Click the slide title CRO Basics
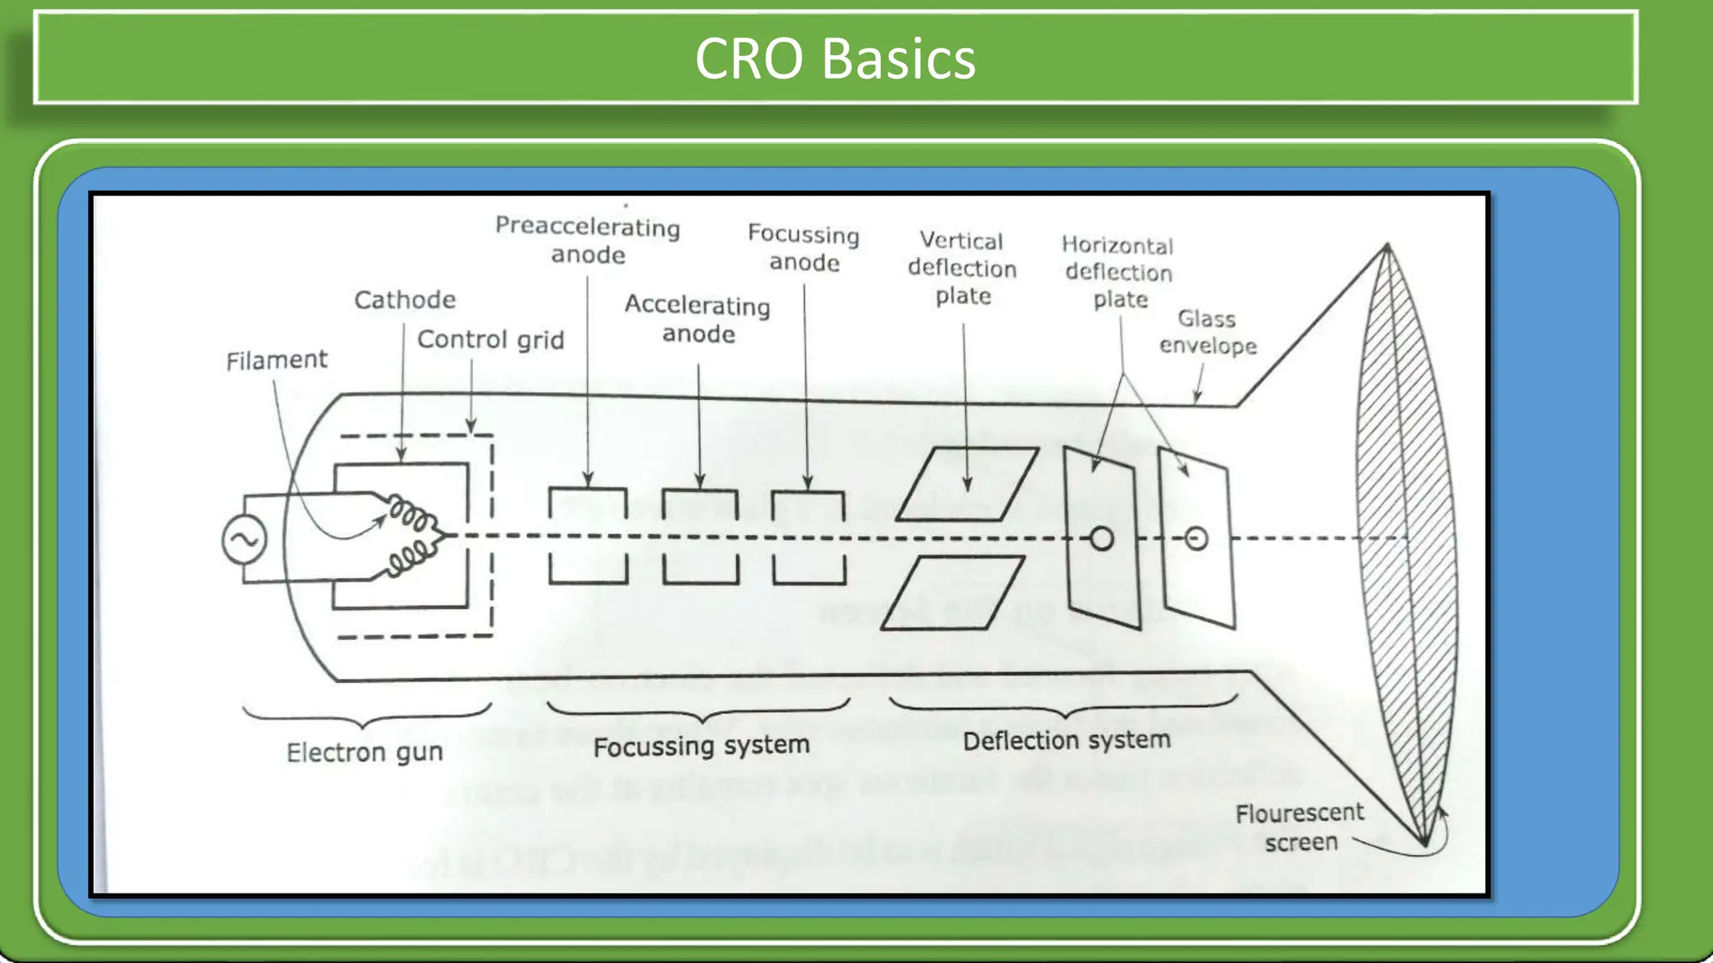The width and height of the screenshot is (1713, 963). (835, 59)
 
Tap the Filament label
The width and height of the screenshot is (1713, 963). (276, 360)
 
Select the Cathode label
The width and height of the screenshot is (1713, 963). (405, 299)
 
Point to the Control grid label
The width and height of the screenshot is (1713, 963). (490, 339)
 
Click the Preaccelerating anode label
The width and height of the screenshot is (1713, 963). (587, 240)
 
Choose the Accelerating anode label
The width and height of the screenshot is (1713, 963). (698, 319)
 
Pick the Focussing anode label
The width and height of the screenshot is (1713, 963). (804, 247)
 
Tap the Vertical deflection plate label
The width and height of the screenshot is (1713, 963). (963, 268)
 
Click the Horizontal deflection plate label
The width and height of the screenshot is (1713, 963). (1118, 273)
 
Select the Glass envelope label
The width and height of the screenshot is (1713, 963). (1208, 332)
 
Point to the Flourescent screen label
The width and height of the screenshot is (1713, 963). (1300, 827)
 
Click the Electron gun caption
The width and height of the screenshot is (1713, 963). (365, 752)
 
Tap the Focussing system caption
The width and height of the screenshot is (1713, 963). (701, 746)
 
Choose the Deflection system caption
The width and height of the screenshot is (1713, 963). (1066, 741)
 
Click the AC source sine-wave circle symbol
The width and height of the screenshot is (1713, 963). (244, 539)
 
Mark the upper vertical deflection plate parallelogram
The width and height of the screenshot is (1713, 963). (967, 484)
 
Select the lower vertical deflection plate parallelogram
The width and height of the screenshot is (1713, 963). (953, 592)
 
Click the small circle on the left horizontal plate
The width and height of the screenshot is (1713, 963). (1102, 539)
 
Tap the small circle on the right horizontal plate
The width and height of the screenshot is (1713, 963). (1197, 539)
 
